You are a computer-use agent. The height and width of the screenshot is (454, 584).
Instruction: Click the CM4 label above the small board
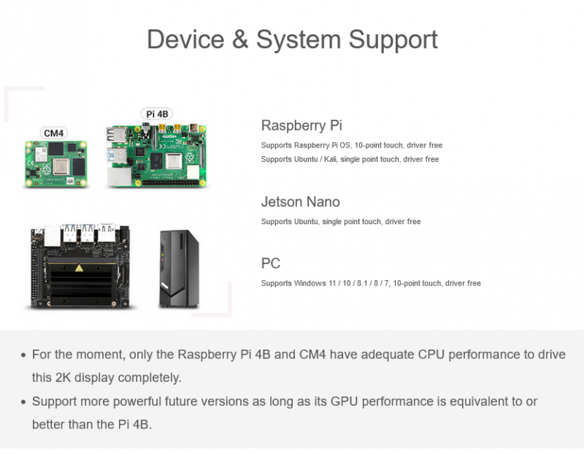tap(53, 133)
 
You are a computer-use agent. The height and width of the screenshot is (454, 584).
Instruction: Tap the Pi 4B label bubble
tap(157, 114)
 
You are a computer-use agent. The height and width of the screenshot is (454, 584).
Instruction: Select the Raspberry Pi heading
tap(301, 126)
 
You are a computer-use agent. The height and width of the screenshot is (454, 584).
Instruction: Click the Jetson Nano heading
tap(300, 202)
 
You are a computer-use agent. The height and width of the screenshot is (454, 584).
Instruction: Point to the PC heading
tap(270, 263)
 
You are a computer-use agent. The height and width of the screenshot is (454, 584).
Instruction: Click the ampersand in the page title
tap(240, 39)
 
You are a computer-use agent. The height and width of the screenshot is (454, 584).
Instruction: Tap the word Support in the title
tap(393, 40)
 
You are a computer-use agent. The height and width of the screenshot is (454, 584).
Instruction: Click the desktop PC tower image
tap(179, 269)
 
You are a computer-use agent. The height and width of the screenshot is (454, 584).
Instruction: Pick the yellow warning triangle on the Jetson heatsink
tap(79, 268)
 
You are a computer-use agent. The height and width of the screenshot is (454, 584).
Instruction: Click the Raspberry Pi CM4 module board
tap(56, 163)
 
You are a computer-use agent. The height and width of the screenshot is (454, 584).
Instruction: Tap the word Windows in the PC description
tap(310, 283)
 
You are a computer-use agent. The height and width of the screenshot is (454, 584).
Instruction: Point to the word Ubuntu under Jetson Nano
tap(306, 222)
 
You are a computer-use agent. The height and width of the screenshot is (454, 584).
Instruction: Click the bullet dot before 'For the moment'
tap(23, 355)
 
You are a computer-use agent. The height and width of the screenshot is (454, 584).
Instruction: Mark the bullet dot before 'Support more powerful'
tap(23, 402)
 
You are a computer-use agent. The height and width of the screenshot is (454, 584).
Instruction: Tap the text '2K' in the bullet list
tap(63, 377)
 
